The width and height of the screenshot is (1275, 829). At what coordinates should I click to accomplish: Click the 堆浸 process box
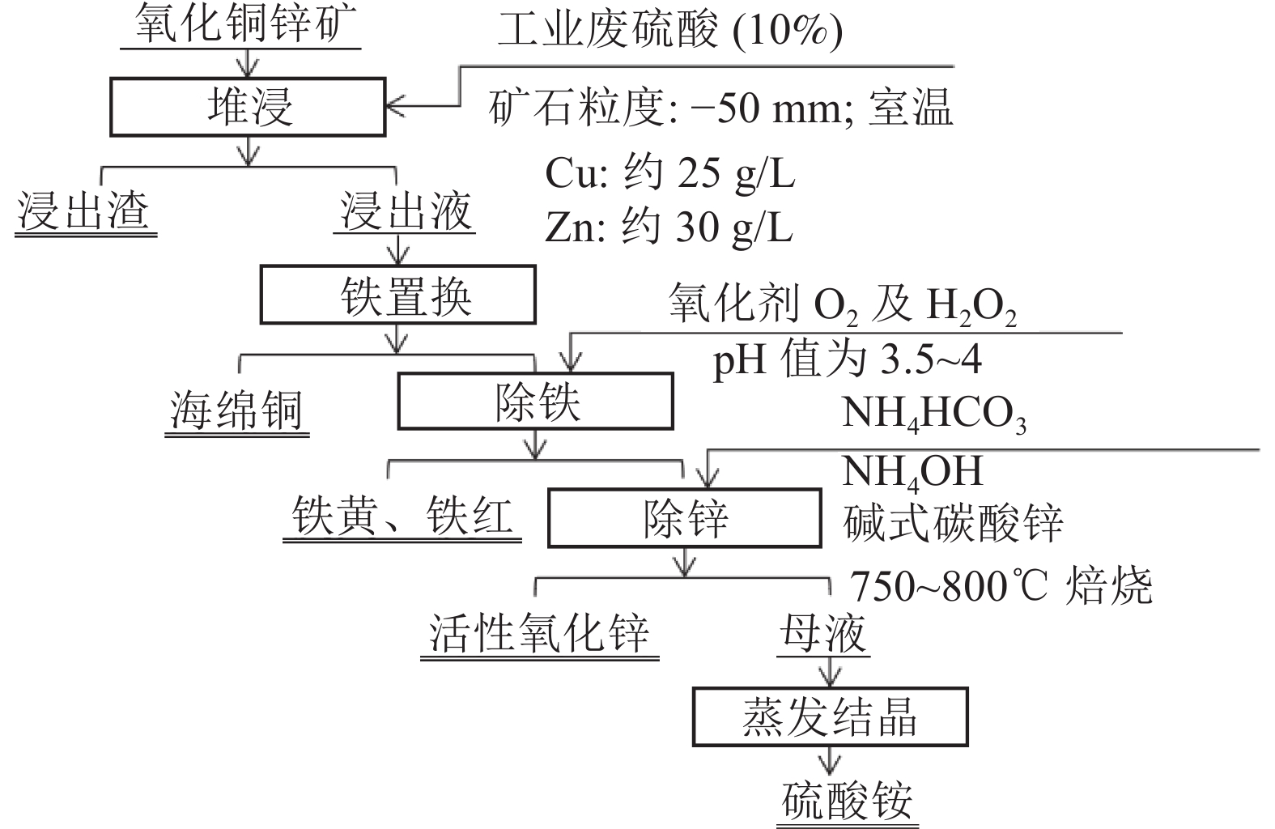pos(248,107)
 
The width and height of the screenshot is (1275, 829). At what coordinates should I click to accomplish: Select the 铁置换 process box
pos(397,295)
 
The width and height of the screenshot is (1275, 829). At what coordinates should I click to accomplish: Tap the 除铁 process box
pos(536,401)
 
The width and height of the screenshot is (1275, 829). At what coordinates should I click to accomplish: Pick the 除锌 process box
pos(685,518)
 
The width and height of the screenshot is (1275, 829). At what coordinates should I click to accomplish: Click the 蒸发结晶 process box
pos(831,716)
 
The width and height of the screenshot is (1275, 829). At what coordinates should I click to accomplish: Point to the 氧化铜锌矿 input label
pos(245,24)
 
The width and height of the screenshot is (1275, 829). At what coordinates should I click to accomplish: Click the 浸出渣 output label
pos(83,210)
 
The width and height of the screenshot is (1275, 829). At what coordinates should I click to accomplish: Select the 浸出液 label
pos(406,210)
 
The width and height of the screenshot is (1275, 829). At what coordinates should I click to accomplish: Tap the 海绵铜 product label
pos(236,410)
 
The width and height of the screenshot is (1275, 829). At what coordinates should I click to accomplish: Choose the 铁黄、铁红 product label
pos(402,515)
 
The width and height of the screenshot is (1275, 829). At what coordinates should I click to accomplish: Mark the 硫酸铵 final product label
pos(847,800)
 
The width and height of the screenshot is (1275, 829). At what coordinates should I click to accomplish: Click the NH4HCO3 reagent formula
pos(933,414)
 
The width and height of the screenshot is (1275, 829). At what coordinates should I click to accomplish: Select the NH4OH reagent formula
pos(912,473)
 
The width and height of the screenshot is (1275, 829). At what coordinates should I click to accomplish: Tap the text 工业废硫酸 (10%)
pos(670,30)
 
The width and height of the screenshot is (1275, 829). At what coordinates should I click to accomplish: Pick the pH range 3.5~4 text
pos(931,359)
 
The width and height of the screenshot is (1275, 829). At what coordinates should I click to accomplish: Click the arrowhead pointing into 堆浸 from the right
pos(394,106)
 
